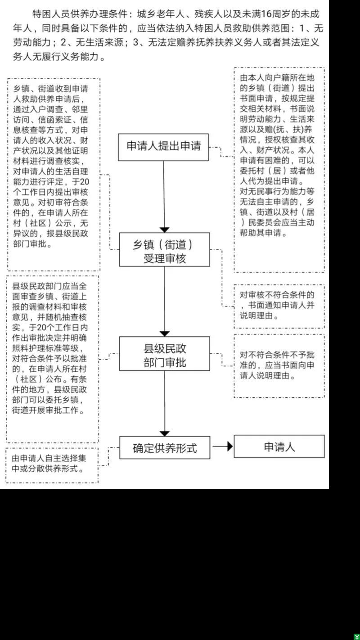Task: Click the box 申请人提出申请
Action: tap(163, 147)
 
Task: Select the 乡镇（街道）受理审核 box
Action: tap(165, 250)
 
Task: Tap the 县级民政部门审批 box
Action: tap(165, 354)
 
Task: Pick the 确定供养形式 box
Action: tap(165, 448)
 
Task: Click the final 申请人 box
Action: tap(279, 446)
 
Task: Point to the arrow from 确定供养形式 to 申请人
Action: tap(223, 446)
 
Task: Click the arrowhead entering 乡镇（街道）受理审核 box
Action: tap(165, 230)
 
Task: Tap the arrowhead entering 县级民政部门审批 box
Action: tap(165, 334)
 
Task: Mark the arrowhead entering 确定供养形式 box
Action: tap(165, 434)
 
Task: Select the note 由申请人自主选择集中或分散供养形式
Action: tap(49, 464)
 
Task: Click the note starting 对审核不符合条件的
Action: tap(277, 306)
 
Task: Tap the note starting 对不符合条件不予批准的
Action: tap(277, 365)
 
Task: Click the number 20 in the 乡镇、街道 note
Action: tap(84, 182)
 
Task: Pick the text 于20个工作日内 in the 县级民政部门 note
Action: tap(58, 328)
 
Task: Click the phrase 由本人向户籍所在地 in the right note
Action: tap(277, 78)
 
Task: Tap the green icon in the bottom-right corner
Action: tap(357, 637)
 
